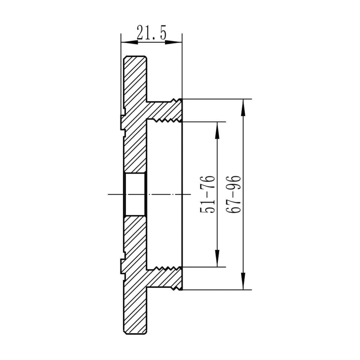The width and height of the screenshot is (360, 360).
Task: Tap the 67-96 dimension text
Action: tap(233, 194)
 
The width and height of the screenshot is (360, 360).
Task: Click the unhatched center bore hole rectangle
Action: tap(135, 194)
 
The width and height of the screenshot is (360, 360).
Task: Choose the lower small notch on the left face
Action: tap(122, 266)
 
